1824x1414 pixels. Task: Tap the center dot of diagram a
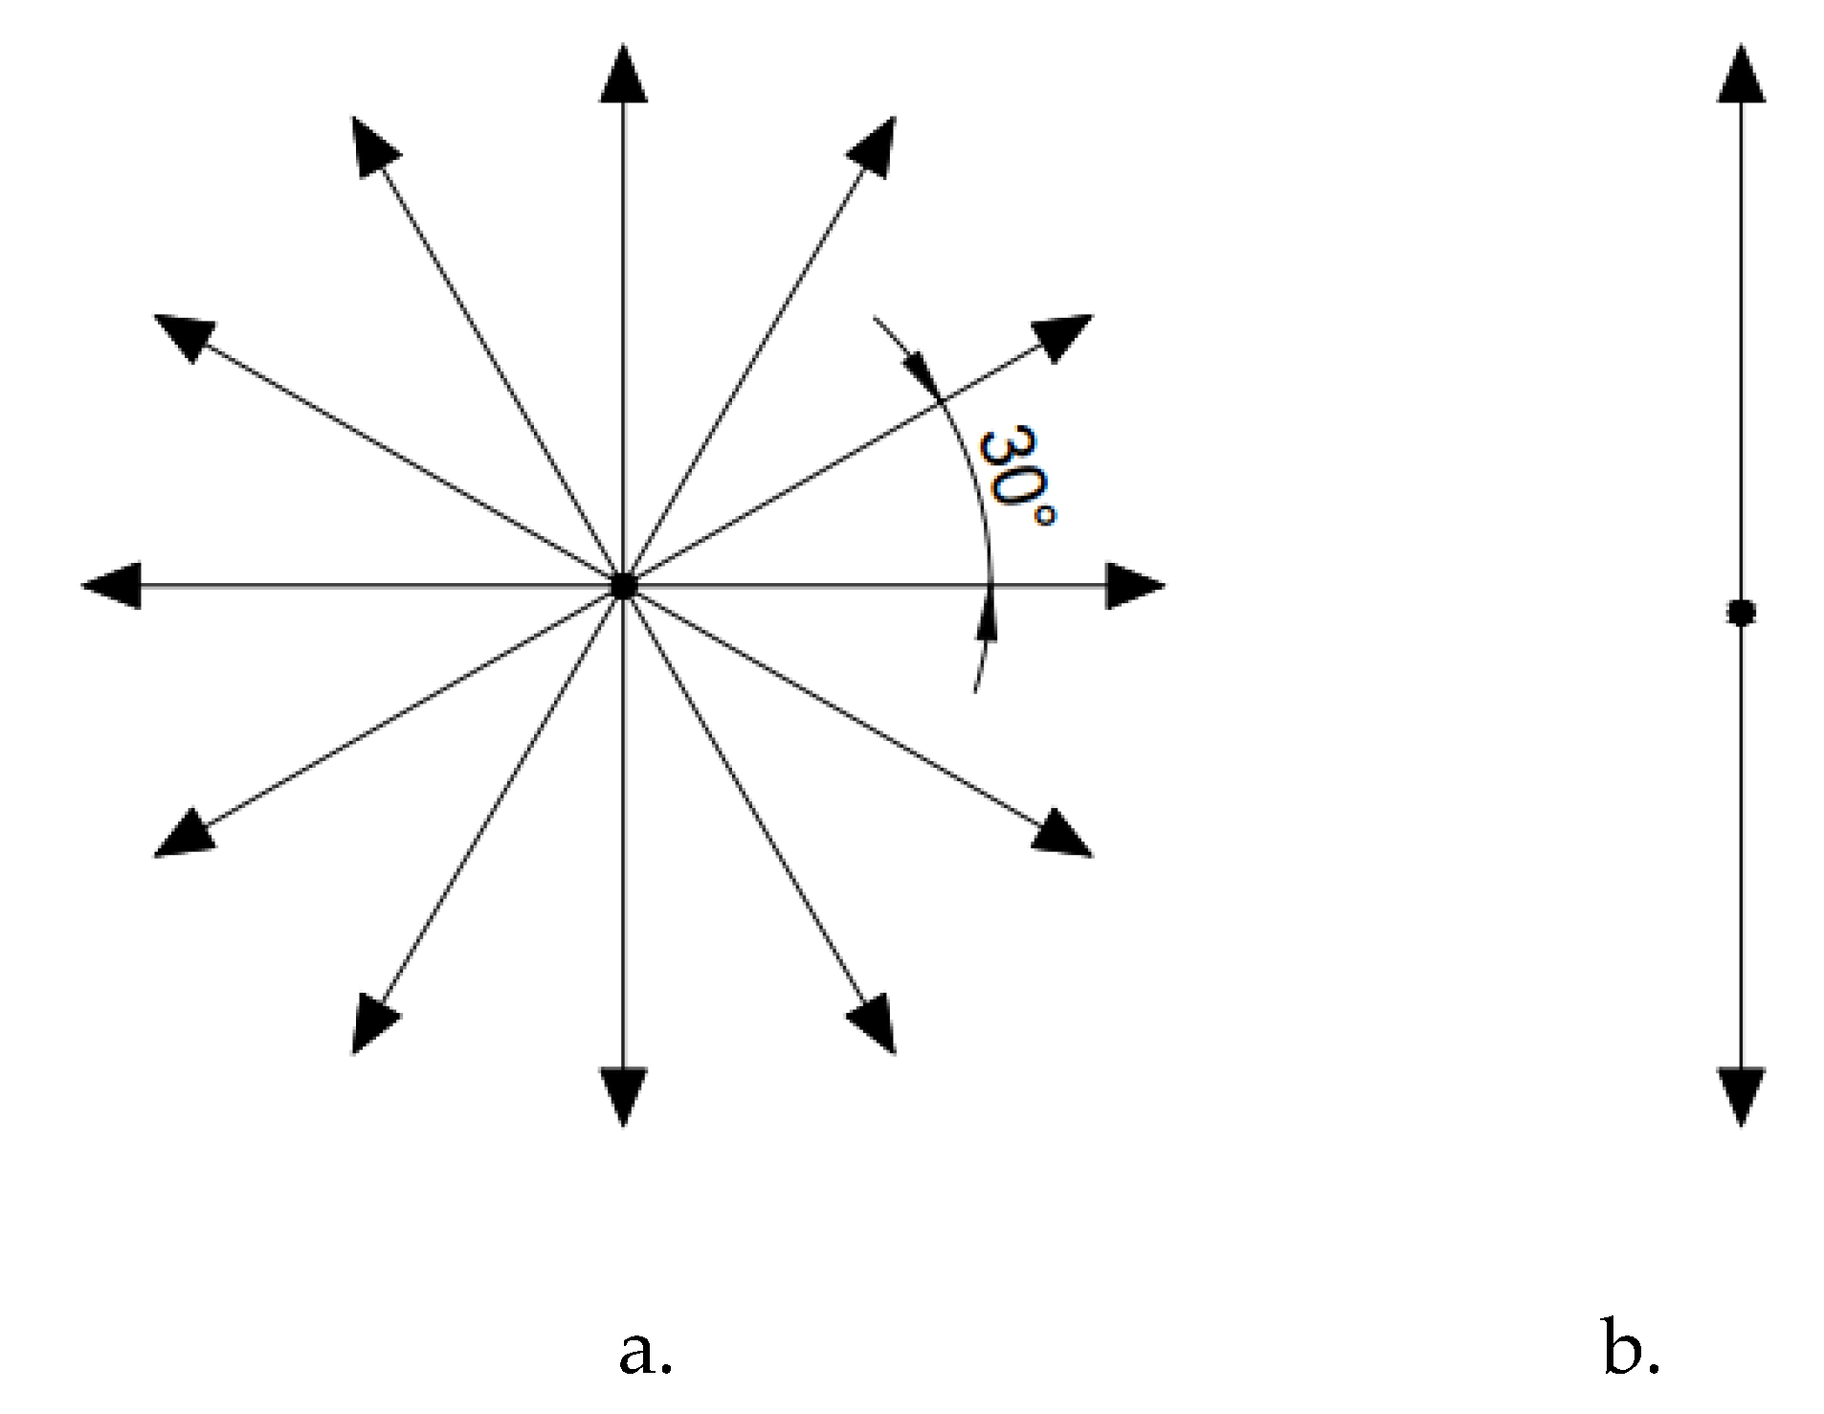click(623, 586)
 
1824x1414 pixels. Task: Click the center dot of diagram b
click(1741, 612)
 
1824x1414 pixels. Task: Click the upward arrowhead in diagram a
click(623, 77)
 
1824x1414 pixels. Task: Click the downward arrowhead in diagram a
click(623, 1094)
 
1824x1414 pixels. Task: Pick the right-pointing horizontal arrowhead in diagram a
click(1132, 586)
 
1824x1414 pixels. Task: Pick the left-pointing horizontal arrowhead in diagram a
click(114, 586)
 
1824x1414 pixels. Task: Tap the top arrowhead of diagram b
click(1741, 77)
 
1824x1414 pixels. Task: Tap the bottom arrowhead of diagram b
click(1741, 1094)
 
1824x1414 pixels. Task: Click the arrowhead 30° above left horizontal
click(185, 336)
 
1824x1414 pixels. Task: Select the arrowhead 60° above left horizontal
click(372, 145)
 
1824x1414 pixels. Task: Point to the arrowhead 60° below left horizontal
click(372, 1023)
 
